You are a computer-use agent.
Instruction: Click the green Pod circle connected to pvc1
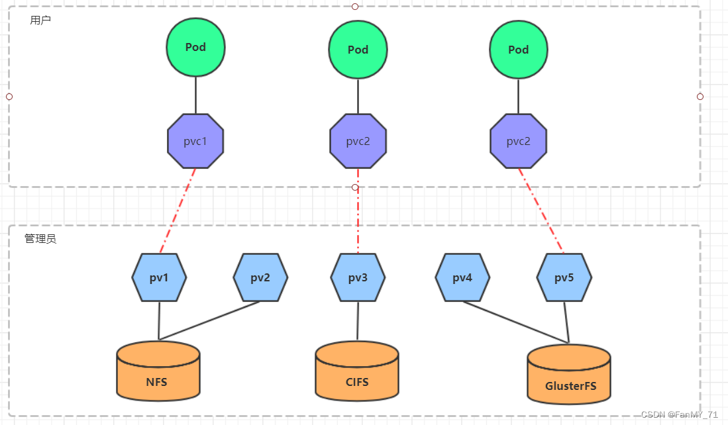pyautogui.click(x=195, y=47)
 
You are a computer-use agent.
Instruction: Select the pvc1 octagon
pyautogui.click(x=195, y=141)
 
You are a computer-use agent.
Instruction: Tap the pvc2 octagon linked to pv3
pyautogui.click(x=358, y=141)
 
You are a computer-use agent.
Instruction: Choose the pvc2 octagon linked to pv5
pyautogui.click(x=518, y=142)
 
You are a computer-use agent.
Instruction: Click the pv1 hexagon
pyautogui.click(x=159, y=277)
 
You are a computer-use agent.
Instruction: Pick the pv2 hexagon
pyautogui.click(x=260, y=277)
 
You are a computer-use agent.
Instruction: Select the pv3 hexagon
pyautogui.click(x=358, y=277)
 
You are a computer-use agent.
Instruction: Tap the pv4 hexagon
pyautogui.click(x=462, y=277)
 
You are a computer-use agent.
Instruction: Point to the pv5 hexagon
pyautogui.click(x=564, y=277)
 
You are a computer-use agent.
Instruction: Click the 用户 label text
pyautogui.click(x=40, y=20)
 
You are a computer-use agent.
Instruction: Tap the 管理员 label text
pyautogui.click(x=40, y=238)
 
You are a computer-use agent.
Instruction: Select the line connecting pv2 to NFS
pyautogui.click(x=209, y=321)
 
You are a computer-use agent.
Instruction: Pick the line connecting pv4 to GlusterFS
pyautogui.click(x=517, y=323)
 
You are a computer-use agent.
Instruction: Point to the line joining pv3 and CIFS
pyautogui.click(x=358, y=321)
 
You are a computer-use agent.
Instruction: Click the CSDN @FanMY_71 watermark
pyautogui.click(x=679, y=414)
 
